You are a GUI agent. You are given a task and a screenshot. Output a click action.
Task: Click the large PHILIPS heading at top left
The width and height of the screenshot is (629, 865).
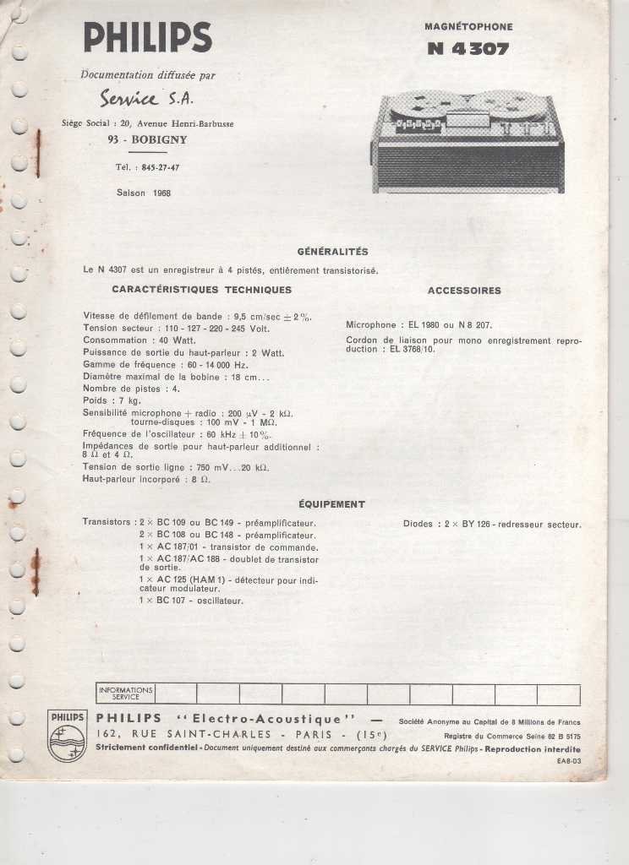[147, 38]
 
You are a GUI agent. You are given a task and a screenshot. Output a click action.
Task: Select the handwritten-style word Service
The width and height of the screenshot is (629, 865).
[129, 99]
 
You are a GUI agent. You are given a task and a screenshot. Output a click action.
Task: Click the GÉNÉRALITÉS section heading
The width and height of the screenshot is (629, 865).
[332, 252]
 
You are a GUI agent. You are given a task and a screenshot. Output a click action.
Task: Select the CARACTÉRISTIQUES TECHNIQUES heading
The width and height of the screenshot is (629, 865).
[201, 290]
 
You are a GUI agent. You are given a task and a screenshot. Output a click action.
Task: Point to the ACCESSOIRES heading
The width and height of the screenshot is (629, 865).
[464, 291]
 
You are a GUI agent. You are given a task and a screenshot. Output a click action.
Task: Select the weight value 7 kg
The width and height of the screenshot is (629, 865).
[129, 400]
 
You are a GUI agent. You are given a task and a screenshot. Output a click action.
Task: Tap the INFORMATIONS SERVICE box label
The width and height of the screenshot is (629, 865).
[126, 694]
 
